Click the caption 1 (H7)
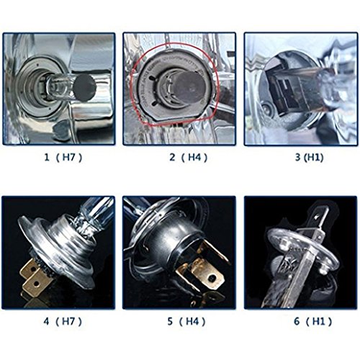(x=63, y=158)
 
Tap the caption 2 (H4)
(x=188, y=158)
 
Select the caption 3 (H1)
(x=309, y=158)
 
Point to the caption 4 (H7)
(x=63, y=321)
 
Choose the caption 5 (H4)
(x=186, y=321)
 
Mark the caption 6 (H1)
(x=313, y=321)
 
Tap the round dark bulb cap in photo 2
(x=189, y=86)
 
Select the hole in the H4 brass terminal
(x=212, y=278)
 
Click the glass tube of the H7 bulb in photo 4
(x=95, y=211)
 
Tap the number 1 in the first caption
(x=47, y=158)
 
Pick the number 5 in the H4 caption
(x=170, y=321)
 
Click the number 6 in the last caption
(x=297, y=321)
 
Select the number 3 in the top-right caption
(x=297, y=158)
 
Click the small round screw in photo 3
(x=266, y=109)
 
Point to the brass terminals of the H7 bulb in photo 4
(x=34, y=276)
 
